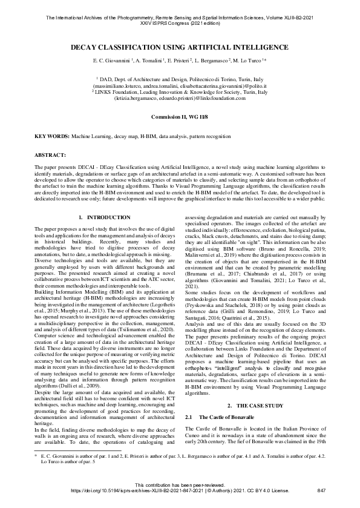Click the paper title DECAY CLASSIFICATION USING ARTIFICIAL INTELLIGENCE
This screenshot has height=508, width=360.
[x=180, y=47]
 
